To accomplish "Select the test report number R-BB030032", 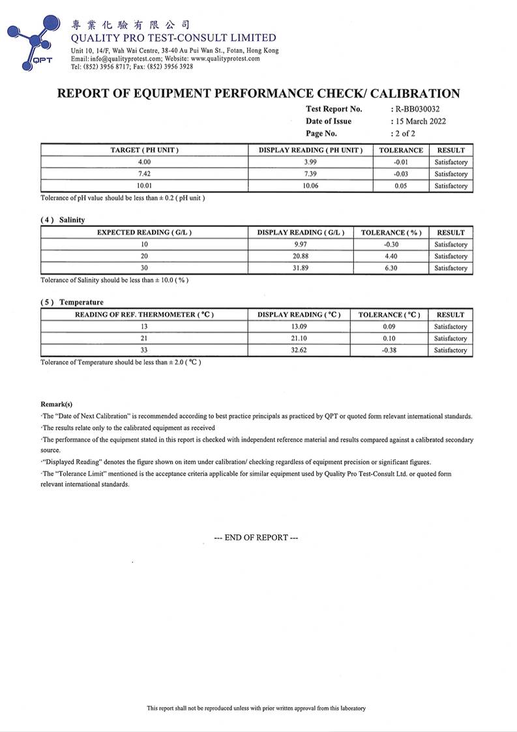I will (x=418, y=109).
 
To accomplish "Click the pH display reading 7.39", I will (x=310, y=174).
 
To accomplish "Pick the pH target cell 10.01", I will (x=144, y=186).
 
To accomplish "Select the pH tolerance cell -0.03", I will (x=401, y=174).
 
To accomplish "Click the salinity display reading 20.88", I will (x=301, y=256).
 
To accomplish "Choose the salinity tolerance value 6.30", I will (x=391, y=268).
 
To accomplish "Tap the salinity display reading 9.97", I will (x=301, y=245).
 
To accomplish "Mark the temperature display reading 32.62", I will (x=299, y=350).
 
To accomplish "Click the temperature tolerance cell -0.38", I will (x=390, y=350).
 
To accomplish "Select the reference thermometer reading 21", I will (x=144, y=339).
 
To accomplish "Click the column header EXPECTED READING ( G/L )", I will (x=144, y=232).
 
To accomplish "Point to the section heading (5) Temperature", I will (x=72, y=302).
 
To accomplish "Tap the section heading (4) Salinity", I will (x=63, y=220).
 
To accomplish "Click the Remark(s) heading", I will (x=57, y=404).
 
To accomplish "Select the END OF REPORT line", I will (x=256, y=538).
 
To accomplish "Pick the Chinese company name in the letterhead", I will (x=130, y=25).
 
